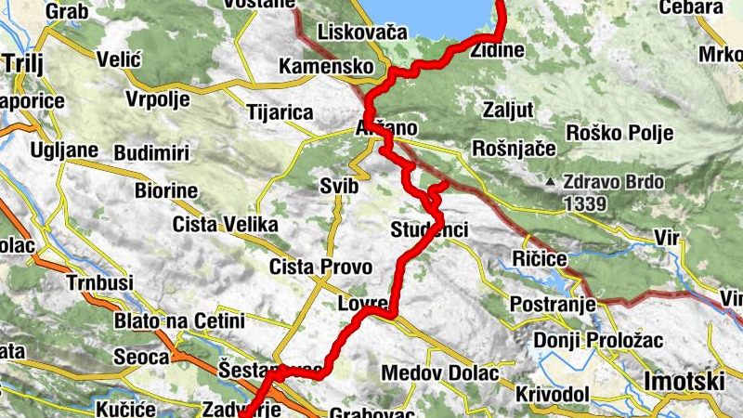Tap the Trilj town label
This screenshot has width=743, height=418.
(24, 63)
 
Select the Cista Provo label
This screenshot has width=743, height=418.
(320, 268)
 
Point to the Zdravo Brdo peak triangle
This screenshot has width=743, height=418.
(552, 182)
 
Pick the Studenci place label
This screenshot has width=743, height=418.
(429, 229)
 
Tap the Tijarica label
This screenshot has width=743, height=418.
(280, 112)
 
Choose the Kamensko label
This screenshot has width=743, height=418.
(326, 67)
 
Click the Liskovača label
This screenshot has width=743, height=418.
(362, 33)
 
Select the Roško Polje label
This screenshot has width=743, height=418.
(619, 133)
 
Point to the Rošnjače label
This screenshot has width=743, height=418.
(514, 149)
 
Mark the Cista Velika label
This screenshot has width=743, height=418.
(226, 225)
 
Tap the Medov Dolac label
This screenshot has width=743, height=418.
(440, 373)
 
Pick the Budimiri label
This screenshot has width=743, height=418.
(151, 152)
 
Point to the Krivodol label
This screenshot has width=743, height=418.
(553, 395)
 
